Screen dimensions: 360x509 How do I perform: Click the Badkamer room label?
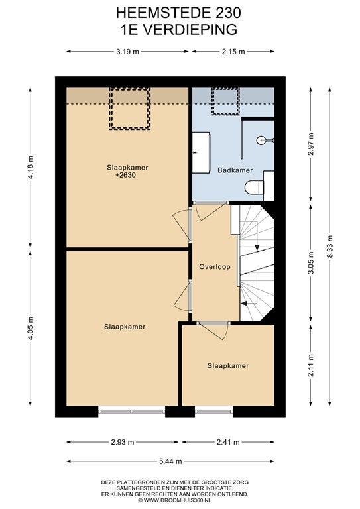(235, 170)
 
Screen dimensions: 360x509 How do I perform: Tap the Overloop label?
(215, 267)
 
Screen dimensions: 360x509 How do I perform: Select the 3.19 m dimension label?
(127, 51)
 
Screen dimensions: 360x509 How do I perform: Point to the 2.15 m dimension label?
(233, 51)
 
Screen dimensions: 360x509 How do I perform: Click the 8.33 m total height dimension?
(330, 246)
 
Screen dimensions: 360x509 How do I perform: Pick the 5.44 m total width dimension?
(170, 461)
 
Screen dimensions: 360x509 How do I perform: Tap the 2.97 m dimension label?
(311, 144)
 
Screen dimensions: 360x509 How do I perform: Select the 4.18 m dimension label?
(30, 167)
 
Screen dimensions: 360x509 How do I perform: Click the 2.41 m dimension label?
(228, 442)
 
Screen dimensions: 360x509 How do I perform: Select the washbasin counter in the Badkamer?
(201, 152)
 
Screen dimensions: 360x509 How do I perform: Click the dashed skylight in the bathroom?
(225, 101)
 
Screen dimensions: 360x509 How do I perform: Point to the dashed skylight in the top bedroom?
(129, 109)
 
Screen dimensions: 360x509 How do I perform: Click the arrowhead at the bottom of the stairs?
(244, 303)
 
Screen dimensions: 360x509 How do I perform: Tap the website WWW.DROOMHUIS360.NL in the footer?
(177, 500)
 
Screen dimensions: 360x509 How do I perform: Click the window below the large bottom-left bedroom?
(132, 412)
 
